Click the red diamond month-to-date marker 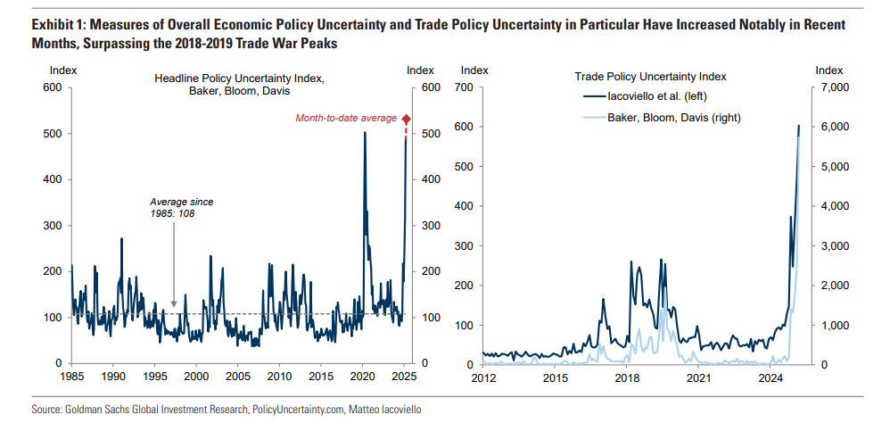(407, 119)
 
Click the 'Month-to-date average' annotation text (347, 119)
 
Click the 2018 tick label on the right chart (626, 378)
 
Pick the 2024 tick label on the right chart (770, 378)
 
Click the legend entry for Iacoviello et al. (657, 96)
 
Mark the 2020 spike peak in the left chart (365, 133)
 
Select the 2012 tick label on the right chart (483, 378)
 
